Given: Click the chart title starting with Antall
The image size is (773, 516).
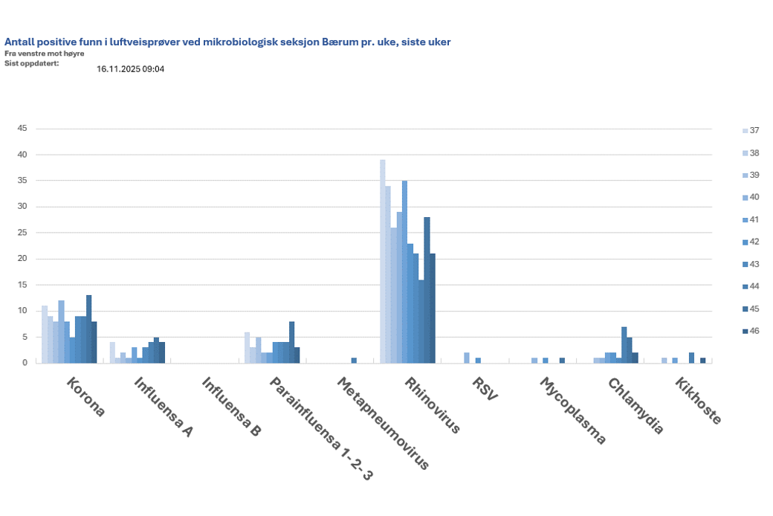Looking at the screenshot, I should pyautogui.click(x=227, y=42).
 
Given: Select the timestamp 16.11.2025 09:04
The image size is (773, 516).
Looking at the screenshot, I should pyautogui.click(x=130, y=69).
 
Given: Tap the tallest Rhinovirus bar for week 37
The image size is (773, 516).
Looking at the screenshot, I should pyautogui.click(x=383, y=261).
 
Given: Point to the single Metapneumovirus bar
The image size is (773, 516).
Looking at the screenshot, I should pyautogui.click(x=354, y=361).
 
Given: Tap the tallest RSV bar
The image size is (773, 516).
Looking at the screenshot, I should pyautogui.click(x=467, y=358).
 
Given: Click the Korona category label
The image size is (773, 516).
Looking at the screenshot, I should pyautogui.click(x=86, y=398).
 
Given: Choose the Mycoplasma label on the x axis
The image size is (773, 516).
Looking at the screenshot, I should pyautogui.click(x=572, y=410).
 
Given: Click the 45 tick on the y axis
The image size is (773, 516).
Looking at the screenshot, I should pyautogui.click(x=22, y=129).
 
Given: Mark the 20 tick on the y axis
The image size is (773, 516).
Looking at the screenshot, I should pyautogui.click(x=22, y=259).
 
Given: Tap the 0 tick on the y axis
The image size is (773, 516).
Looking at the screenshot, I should pyautogui.click(x=25, y=363).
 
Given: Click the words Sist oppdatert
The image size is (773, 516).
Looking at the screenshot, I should pyautogui.click(x=31, y=63).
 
